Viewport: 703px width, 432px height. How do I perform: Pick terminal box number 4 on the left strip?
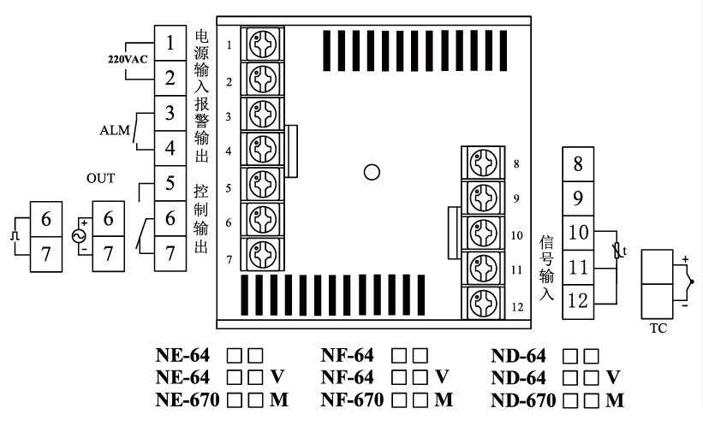click(x=171, y=148)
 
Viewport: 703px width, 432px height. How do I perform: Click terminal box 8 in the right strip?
click(x=578, y=163)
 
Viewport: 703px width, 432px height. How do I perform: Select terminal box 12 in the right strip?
click(x=578, y=301)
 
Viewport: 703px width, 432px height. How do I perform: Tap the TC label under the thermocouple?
click(x=659, y=328)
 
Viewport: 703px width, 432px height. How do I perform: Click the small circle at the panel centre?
click(x=372, y=172)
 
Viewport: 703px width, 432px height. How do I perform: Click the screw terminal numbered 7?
click(x=262, y=255)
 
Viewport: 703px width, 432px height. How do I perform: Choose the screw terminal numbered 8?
click(x=481, y=163)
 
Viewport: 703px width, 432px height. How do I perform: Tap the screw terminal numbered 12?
click(x=481, y=302)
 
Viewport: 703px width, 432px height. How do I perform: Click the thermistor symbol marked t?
click(x=618, y=252)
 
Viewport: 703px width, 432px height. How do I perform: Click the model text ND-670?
click(x=523, y=399)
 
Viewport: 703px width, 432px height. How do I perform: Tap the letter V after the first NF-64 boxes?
click(x=441, y=377)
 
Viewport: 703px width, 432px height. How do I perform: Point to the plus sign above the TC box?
click(x=684, y=257)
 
